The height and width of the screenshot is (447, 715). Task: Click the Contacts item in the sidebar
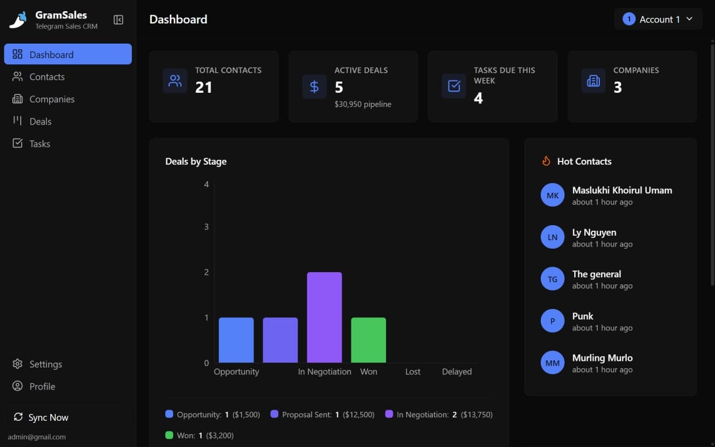[47, 77]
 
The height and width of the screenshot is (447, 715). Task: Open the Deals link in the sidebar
[40, 122]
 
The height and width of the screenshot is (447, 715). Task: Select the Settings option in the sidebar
[45, 364]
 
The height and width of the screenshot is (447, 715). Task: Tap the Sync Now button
[48, 417]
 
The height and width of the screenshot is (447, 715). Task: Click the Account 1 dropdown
[658, 19]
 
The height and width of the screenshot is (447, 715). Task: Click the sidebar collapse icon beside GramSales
[118, 20]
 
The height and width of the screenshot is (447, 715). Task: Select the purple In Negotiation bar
[324, 317]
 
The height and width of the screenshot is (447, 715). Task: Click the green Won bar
[368, 340]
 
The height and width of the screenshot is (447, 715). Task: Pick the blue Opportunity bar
[236, 340]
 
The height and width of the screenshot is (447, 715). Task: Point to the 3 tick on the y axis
[206, 227]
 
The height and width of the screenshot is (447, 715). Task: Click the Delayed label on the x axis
[456, 372]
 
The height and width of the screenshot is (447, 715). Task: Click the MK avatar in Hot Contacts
[552, 196]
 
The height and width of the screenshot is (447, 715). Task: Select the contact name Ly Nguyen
[594, 232]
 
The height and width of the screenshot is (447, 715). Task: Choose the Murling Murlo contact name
[602, 358]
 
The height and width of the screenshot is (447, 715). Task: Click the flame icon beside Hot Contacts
[546, 161]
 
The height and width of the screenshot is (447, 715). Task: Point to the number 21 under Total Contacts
[203, 87]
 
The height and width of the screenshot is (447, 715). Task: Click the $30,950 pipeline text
[363, 104]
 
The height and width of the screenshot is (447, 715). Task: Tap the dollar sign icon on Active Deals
[314, 87]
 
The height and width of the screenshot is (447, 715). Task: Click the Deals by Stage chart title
[196, 161]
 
